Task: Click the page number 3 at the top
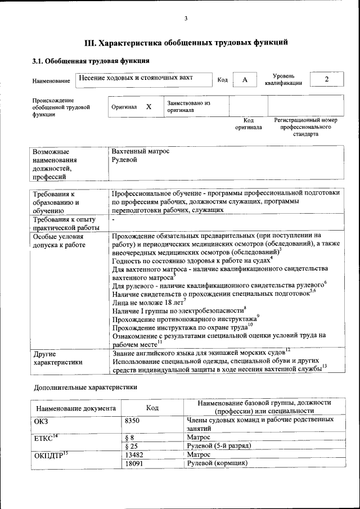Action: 186,19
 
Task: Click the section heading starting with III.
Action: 186,42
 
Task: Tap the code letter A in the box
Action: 245,80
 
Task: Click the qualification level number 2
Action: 326,79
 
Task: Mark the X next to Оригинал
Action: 148,106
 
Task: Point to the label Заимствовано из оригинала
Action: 188,107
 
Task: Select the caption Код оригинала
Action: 248,124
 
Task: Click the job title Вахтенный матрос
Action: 141,151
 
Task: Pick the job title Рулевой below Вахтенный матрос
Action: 125,160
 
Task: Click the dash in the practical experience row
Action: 114,219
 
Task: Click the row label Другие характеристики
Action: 58,358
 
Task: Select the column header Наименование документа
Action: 76,408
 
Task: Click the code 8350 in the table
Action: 132,420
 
